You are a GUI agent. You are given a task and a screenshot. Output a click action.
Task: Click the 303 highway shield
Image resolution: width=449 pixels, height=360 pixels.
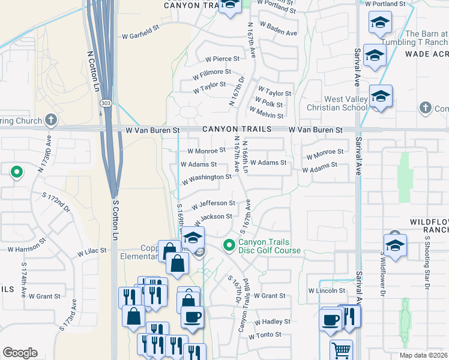point(105,103)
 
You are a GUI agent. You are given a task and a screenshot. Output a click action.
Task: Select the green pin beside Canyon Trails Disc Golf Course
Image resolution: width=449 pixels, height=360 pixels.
point(229,245)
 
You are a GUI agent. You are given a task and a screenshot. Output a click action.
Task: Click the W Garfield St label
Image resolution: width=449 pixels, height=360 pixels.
point(140,27)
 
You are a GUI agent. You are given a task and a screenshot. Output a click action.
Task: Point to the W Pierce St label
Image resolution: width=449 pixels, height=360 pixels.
point(222,59)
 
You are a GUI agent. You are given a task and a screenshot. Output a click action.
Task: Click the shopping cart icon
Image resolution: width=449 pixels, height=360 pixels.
point(341,349)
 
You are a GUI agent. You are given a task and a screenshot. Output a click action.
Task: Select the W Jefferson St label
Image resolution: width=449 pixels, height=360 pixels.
point(212,205)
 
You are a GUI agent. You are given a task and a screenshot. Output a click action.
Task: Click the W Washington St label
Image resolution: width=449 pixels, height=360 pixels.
point(206,178)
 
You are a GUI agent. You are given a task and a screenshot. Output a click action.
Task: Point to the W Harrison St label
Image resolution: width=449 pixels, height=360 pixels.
point(27,247)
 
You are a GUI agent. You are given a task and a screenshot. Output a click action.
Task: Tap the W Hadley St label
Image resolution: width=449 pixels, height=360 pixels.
point(273,322)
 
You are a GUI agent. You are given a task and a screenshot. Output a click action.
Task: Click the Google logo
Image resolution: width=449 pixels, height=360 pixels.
point(20,353)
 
